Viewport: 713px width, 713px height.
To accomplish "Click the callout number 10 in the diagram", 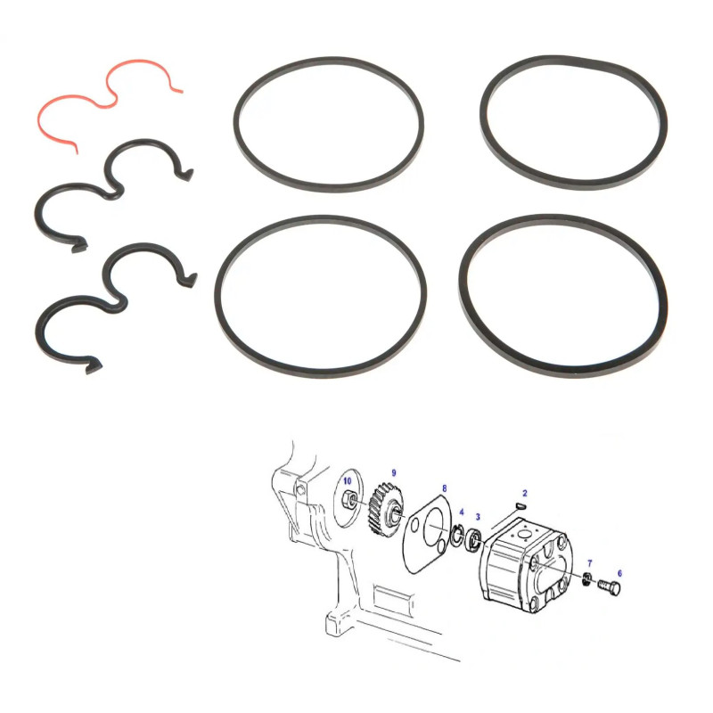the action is coord(348,481).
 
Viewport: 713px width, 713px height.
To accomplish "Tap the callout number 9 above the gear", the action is coord(394,473).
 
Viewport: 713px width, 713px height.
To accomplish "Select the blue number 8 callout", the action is coord(444,488).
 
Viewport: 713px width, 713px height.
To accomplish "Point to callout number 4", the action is coord(462,512).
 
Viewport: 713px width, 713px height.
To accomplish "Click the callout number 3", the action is coord(478,517).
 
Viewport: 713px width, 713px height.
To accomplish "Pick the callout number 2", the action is coord(525,493).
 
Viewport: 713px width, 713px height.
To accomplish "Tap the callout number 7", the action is coord(590,563).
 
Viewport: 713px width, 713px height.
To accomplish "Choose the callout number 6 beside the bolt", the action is coord(619,573).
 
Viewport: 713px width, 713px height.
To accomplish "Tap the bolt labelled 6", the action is coord(610,587).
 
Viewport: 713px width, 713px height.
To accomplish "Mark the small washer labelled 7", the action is coord(587,578).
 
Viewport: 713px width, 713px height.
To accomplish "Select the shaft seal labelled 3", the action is coord(475,539).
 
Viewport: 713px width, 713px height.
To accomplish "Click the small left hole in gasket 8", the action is coord(414,526).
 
